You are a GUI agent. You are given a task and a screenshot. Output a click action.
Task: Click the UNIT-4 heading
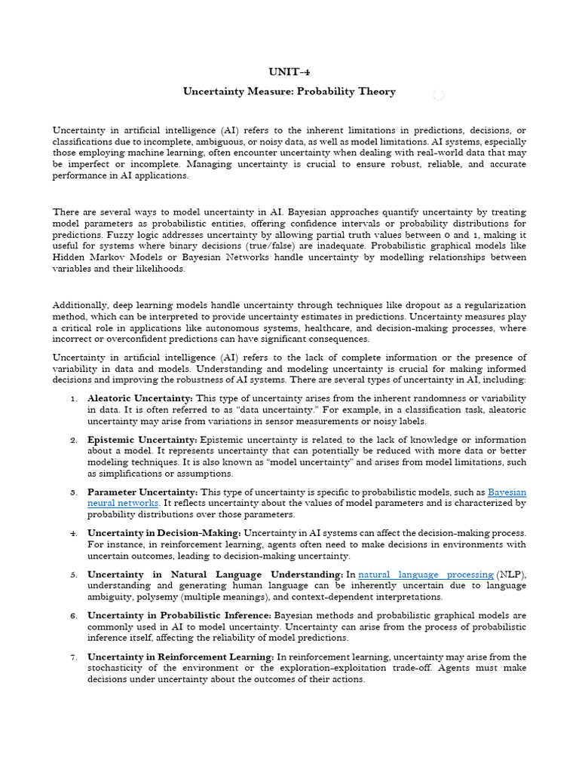click(289, 72)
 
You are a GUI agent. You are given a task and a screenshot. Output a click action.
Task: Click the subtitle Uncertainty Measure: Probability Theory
click(289, 91)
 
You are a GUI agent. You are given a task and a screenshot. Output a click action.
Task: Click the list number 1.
click(73, 398)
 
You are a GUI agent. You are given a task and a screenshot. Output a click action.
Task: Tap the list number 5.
click(73, 575)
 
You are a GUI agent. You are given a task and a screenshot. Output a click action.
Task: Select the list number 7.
click(73, 658)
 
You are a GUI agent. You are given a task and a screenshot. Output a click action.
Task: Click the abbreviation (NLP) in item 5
click(511, 574)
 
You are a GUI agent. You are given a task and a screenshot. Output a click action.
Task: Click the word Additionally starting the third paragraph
click(78, 304)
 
